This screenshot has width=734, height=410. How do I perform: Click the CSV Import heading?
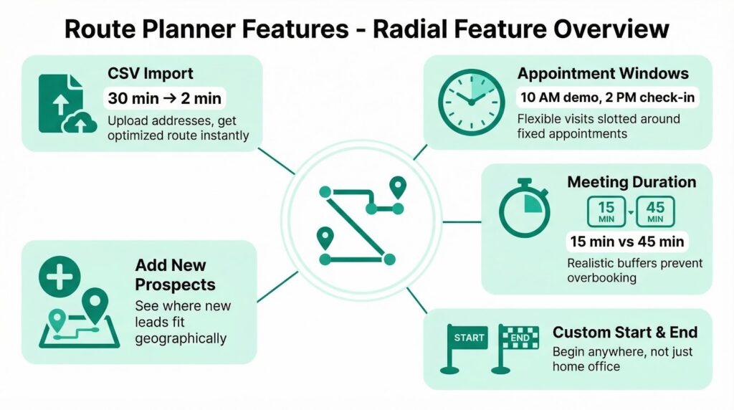151,74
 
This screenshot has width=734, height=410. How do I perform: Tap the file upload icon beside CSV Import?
67,103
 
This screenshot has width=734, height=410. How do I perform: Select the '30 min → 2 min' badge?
164,98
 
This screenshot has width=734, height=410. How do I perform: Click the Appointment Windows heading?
602,74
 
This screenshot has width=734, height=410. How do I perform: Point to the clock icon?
471,102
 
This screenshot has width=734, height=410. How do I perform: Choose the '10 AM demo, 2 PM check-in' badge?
608,97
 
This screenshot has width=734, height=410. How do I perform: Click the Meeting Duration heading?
631,182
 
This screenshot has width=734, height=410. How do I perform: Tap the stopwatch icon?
524,209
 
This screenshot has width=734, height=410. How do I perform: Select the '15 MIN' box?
606,211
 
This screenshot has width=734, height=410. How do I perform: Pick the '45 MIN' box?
655,211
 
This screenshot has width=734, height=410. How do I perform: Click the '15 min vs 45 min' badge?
626,242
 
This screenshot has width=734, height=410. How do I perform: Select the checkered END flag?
514,349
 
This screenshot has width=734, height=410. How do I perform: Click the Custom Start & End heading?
625,333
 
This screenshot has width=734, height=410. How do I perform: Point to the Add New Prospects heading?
175,275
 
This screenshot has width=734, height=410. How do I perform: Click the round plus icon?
59,277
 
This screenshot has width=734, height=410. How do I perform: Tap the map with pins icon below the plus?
79,318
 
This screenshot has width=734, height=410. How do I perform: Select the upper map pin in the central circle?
398,188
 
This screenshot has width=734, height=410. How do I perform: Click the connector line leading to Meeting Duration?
462,222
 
